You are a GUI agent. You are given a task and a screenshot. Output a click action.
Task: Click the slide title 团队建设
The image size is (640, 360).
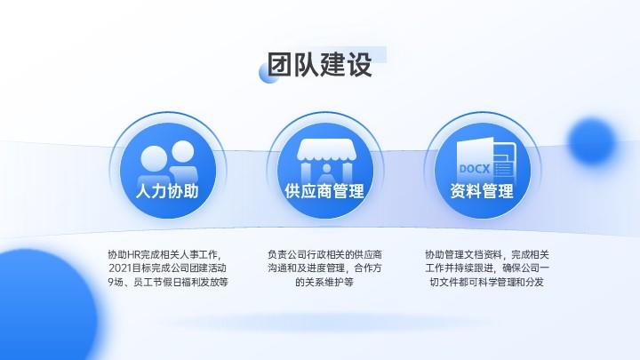[320, 65]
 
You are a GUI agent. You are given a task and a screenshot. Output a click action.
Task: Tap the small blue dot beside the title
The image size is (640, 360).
[268, 74]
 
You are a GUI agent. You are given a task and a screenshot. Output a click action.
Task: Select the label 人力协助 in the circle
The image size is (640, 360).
[167, 191]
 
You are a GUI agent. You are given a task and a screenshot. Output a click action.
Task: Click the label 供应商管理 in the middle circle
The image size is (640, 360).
[324, 191]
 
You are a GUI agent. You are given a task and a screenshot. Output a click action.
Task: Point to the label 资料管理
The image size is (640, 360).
[482, 191]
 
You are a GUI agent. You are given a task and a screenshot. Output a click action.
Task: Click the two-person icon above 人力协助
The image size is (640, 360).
[168, 162]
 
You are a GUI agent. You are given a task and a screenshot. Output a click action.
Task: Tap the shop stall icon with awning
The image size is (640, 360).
[325, 161]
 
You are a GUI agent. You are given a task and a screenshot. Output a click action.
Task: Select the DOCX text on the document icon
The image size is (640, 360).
[474, 169]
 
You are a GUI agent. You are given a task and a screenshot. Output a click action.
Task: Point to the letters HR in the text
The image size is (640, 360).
[134, 255]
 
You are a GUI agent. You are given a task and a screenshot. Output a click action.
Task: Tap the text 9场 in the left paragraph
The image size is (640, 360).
[116, 282]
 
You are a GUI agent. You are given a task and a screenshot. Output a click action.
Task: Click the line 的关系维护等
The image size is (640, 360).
[324, 282]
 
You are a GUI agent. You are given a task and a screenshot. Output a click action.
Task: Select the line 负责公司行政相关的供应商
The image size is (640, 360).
[325, 255]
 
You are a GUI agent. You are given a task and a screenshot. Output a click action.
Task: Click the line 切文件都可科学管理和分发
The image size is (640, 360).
[486, 282]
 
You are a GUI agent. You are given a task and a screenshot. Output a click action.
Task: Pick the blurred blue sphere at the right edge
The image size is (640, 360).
[592, 140]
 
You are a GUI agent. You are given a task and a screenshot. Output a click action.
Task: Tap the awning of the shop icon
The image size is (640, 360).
[325, 150]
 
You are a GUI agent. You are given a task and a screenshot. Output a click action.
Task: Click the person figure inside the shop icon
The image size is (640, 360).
[326, 174]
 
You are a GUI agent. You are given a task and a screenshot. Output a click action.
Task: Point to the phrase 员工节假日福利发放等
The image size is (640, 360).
[180, 282]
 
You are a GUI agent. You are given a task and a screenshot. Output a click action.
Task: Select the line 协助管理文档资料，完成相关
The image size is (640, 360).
[487, 255]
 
